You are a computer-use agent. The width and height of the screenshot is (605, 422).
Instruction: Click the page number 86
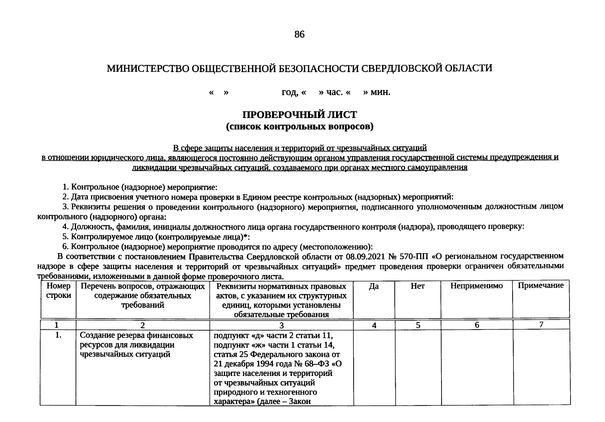(x=300, y=34)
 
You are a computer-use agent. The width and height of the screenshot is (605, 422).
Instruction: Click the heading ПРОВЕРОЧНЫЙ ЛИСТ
(x=300, y=115)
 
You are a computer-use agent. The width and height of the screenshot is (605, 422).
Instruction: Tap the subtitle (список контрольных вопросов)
(x=300, y=126)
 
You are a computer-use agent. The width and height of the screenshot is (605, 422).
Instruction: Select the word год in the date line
(x=289, y=92)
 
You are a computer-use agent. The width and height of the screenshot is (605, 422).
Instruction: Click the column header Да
(x=374, y=286)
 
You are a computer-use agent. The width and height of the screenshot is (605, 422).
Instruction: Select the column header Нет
(x=418, y=286)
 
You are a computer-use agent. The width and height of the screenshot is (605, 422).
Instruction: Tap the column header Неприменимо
(x=477, y=286)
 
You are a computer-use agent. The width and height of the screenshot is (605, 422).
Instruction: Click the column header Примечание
(x=541, y=286)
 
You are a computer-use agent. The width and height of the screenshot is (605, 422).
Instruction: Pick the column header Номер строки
(x=58, y=291)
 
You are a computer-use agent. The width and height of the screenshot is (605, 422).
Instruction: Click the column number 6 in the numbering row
(x=477, y=325)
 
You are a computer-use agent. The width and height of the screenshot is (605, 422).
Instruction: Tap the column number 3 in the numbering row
(x=282, y=326)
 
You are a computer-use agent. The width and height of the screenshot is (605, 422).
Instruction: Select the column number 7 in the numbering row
(x=541, y=325)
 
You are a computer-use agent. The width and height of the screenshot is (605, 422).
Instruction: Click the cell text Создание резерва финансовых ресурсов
(x=136, y=340)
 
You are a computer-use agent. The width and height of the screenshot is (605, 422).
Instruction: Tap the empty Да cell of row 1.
(x=374, y=367)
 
